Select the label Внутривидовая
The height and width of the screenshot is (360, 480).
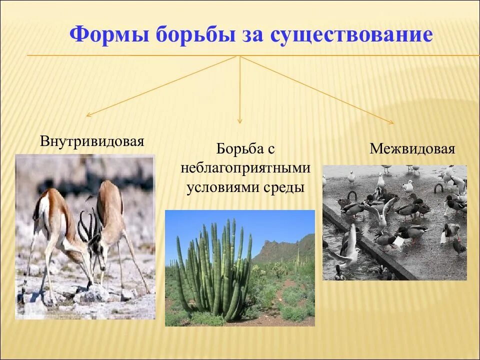click(x=92, y=141)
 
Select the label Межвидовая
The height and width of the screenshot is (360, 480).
click(x=412, y=149)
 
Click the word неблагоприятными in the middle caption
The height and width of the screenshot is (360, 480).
click(x=245, y=168)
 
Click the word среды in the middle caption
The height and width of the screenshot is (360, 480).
click(x=285, y=187)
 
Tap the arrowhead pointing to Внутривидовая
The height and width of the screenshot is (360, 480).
click(x=88, y=115)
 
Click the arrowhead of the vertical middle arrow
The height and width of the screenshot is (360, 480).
click(x=240, y=121)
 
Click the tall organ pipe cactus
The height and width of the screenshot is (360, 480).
click(x=215, y=270)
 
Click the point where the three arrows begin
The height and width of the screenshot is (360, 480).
click(x=239, y=55)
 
